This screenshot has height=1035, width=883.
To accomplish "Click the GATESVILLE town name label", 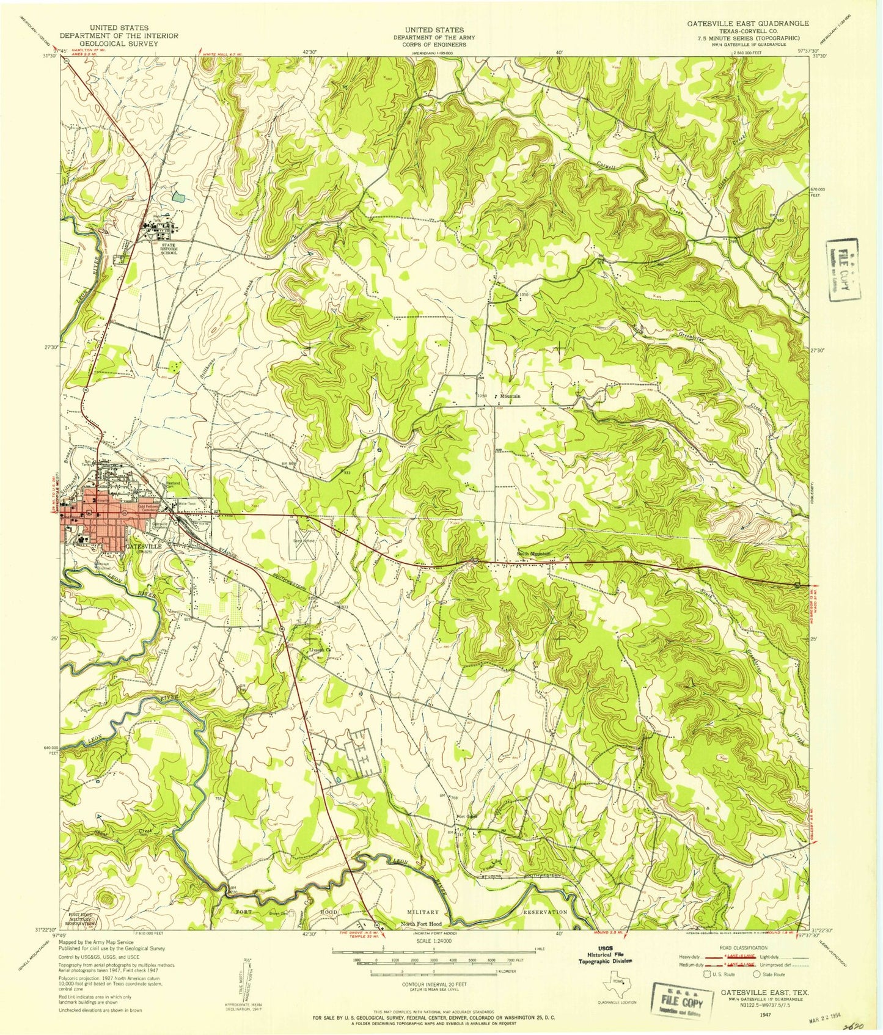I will [x=144, y=546].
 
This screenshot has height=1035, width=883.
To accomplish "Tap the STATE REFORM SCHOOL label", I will [x=164, y=248].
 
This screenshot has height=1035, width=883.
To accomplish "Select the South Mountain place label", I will [x=533, y=554].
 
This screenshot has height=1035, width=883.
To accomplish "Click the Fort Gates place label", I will [x=466, y=817].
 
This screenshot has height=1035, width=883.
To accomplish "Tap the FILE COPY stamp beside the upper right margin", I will [x=843, y=269].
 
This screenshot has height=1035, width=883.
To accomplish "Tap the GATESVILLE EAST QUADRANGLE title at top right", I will [x=747, y=23].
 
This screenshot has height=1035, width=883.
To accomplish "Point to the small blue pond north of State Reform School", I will [x=177, y=196].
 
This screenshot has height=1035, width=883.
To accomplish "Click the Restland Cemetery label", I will [x=174, y=482].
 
